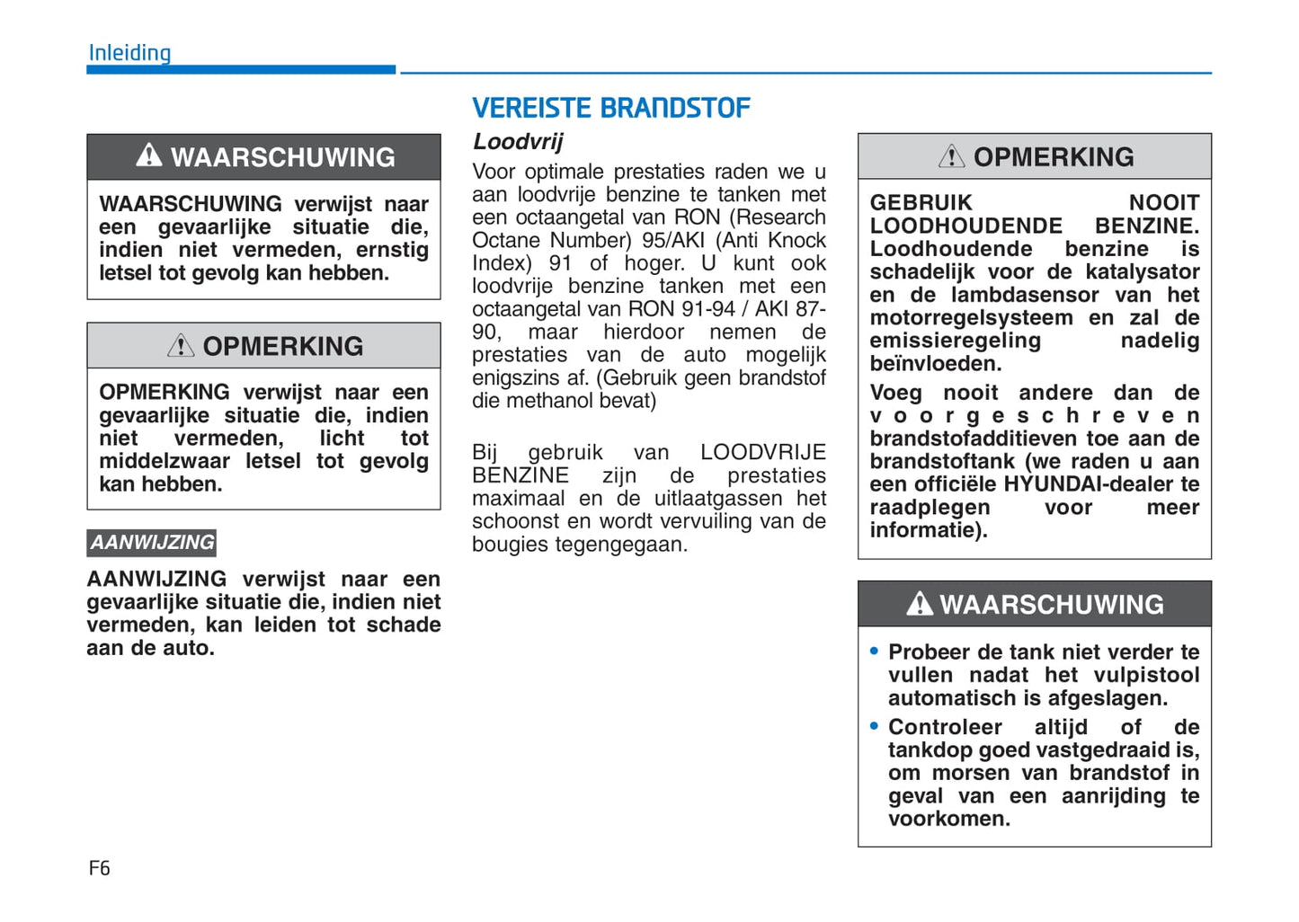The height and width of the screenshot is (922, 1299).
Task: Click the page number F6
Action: click(x=99, y=868)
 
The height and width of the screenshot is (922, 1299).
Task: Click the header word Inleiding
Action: click(x=129, y=53)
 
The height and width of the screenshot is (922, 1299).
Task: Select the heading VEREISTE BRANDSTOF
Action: click(x=610, y=109)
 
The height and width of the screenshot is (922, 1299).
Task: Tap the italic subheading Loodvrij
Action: click(x=518, y=142)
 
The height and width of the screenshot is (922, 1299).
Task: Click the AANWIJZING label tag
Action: click(x=152, y=543)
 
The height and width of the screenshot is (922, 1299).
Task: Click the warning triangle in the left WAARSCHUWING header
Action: click(x=149, y=156)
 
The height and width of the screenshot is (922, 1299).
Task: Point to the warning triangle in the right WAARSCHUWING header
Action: click(x=919, y=604)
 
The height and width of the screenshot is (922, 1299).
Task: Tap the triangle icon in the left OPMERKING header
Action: click(x=181, y=346)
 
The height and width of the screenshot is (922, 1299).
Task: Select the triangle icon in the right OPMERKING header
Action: click(x=951, y=157)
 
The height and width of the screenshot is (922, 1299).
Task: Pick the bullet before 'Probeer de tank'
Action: click(x=874, y=652)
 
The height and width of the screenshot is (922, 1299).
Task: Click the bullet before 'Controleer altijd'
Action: click(x=874, y=726)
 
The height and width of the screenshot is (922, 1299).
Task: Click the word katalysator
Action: click(x=1142, y=272)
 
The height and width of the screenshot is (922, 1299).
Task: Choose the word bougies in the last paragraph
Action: click(x=506, y=545)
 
